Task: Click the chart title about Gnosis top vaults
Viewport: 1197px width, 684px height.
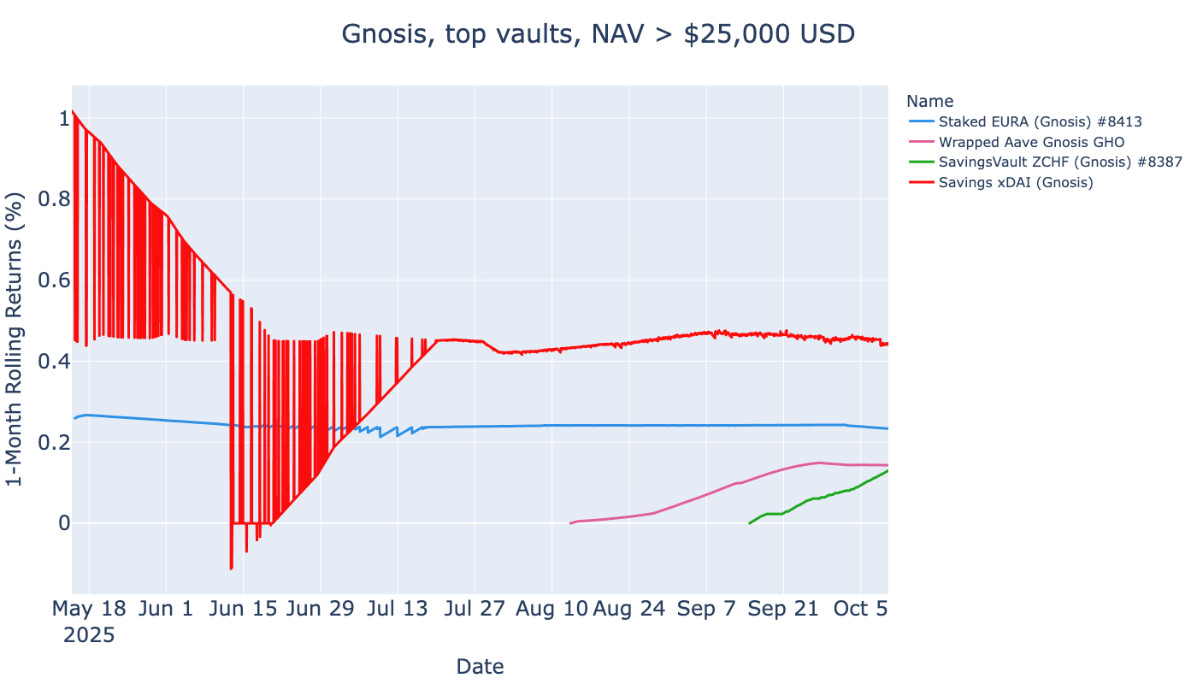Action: [x=598, y=34]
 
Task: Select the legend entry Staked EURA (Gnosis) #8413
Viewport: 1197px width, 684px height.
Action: [x=1040, y=121]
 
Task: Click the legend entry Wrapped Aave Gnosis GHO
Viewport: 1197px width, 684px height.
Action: [x=1031, y=142]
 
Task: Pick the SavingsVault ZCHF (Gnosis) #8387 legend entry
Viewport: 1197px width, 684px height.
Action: [x=1059, y=162]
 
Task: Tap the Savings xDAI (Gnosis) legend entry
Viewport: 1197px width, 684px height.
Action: [x=1016, y=182]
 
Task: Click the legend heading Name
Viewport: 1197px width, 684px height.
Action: [x=929, y=101]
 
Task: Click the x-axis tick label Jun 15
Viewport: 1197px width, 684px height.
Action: [x=243, y=609]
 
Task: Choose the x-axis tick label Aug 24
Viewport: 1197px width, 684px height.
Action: [x=628, y=609]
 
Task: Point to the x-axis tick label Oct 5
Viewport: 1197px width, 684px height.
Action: [x=860, y=609]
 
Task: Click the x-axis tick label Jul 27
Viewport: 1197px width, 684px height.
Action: [x=475, y=609]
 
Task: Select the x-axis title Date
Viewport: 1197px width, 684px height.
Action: [x=480, y=666]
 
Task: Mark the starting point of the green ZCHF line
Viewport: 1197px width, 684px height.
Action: [x=750, y=523]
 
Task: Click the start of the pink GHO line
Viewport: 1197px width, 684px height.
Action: [x=570, y=523]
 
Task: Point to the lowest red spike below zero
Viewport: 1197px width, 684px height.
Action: [x=231, y=569]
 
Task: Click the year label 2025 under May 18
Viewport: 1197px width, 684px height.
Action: [x=89, y=635]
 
